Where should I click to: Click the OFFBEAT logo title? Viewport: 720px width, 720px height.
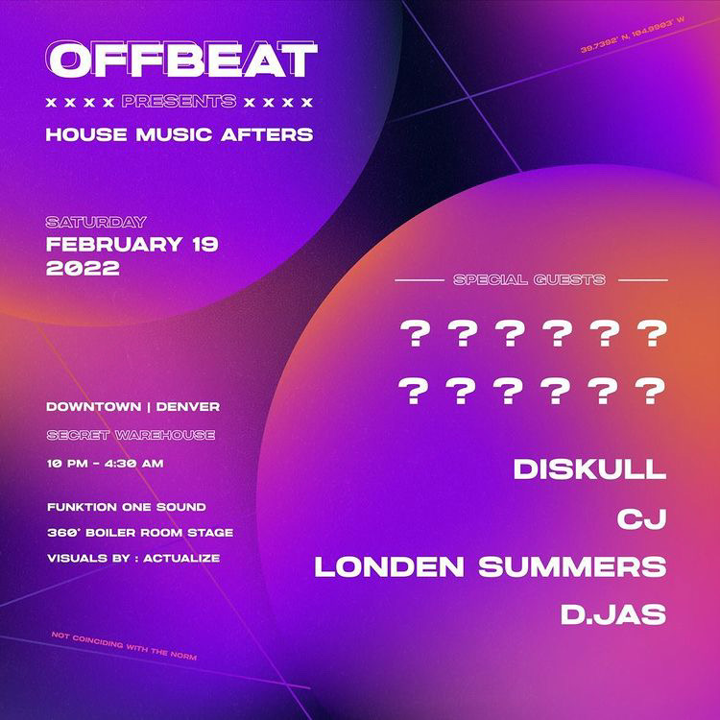(181, 60)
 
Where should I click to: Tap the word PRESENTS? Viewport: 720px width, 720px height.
(180, 102)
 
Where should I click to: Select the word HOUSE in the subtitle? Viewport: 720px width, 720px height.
(86, 134)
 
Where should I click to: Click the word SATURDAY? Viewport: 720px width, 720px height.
(96, 223)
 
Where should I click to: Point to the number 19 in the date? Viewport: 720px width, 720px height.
(204, 244)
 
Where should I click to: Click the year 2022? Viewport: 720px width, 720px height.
(84, 268)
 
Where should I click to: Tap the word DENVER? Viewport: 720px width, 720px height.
(188, 407)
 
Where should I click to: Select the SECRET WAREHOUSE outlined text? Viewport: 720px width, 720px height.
(131, 435)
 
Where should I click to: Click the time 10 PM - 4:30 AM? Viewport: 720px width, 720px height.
(106, 464)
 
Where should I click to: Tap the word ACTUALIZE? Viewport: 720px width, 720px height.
(181, 559)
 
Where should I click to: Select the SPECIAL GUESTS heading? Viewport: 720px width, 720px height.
(529, 279)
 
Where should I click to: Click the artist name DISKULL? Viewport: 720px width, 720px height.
(589, 469)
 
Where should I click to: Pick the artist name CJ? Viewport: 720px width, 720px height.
(641, 518)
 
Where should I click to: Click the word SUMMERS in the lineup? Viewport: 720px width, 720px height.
(572, 566)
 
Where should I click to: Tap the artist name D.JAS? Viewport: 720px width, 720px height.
(613, 614)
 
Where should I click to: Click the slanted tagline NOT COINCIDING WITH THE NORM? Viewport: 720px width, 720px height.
(124, 646)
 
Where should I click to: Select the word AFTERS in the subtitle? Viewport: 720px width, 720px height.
(267, 134)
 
